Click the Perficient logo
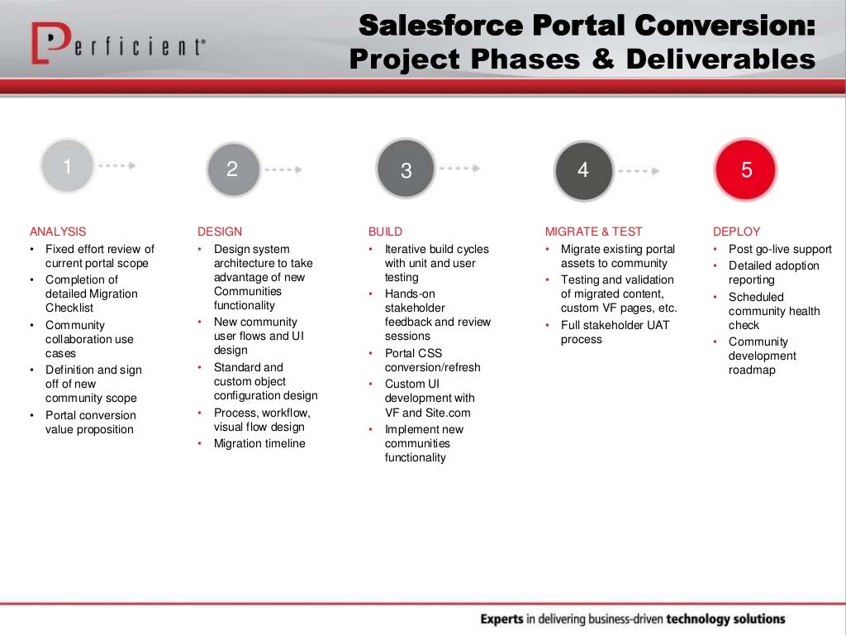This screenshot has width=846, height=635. [x=117, y=44]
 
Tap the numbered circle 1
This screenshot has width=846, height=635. [x=68, y=167]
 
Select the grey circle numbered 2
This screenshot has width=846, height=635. [x=232, y=169]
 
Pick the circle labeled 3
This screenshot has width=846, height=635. [x=406, y=170]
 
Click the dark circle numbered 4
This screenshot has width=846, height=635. [x=583, y=170]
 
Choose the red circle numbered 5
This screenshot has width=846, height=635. [x=746, y=169]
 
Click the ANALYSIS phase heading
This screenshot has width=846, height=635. [x=58, y=232]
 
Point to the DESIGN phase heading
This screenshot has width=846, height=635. [x=220, y=232]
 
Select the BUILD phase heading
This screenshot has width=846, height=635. [x=385, y=232]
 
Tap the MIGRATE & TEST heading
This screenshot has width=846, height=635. [x=593, y=232]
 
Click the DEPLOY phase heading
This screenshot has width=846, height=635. [x=736, y=232]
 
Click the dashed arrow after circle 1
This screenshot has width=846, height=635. [x=116, y=165]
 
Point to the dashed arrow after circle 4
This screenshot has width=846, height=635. [x=639, y=171]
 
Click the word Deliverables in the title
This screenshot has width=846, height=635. [x=720, y=60]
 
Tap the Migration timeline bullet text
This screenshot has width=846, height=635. [x=259, y=443]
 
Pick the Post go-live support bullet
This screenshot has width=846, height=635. [x=780, y=249]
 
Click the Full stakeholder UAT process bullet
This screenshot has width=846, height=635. [x=615, y=332]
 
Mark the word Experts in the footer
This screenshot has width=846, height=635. [x=501, y=618]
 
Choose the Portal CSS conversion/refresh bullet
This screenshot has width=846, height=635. [x=432, y=360]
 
